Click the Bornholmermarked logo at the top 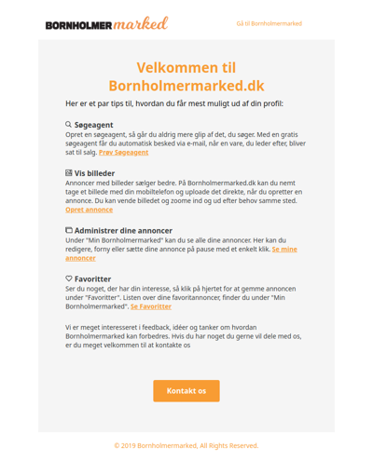pos(106,23)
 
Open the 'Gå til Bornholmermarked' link pos(269,23)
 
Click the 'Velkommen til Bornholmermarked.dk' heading pos(186,76)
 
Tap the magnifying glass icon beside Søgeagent pos(68,124)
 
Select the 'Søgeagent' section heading pos(93,125)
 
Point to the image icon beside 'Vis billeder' pos(68,172)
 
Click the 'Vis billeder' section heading pos(96,173)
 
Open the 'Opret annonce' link pos(90,210)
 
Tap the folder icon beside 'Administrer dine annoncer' pos(68,230)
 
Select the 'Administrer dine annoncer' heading pos(123,231)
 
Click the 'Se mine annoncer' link pos(283,250)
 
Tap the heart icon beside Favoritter pos(68,279)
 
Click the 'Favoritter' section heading pos(92,279)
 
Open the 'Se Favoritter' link pos(150,306)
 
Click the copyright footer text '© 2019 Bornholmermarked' pos(186,445)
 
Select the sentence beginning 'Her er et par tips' pos(174,103)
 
